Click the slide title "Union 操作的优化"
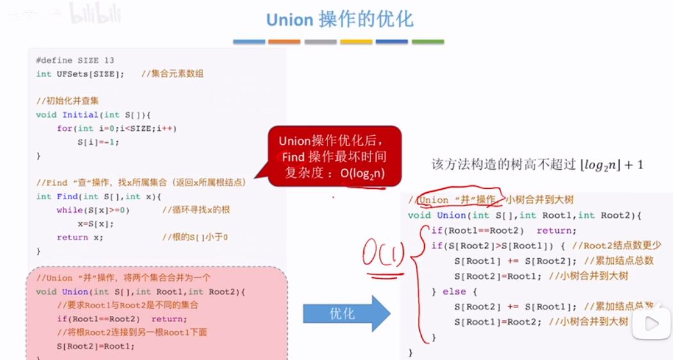(x=339, y=19)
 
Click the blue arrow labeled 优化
(x=346, y=313)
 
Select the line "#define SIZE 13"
(x=75, y=60)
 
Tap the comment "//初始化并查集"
(x=67, y=101)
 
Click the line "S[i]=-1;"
(x=98, y=142)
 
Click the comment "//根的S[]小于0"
(x=195, y=237)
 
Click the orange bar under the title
(x=284, y=42)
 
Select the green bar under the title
(x=428, y=42)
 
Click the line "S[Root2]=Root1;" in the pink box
(x=96, y=346)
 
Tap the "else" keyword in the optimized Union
(x=454, y=291)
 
